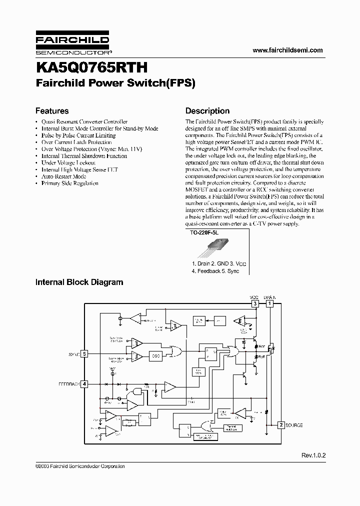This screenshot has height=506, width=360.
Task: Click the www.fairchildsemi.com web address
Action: [x=287, y=50]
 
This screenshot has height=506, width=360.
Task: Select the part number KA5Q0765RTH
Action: [x=90, y=67]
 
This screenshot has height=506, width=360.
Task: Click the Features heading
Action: [x=51, y=111]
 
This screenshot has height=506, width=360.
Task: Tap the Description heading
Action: [x=207, y=111]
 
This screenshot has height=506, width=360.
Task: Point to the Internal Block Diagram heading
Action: [x=79, y=282]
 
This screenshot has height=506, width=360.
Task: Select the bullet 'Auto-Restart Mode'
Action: [x=63, y=176]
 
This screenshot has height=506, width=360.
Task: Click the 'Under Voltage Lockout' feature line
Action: [x=68, y=162]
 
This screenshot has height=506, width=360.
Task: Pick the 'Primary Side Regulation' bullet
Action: [x=69, y=183]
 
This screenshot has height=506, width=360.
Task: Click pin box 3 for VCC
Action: [x=255, y=303]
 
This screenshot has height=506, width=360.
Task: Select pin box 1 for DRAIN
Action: [x=270, y=303]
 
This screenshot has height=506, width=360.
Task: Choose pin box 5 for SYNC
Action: [x=85, y=354]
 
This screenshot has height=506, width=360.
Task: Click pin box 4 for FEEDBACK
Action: [x=85, y=384]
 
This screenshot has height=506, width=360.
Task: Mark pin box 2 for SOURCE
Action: [x=281, y=425]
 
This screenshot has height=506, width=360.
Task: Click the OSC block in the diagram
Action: [x=155, y=355]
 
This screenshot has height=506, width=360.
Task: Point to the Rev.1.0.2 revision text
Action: [x=313, y=455]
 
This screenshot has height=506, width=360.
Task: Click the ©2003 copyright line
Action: [x=80, y=466]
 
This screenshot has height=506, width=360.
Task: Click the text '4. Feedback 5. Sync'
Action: [x=215, y=271]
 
